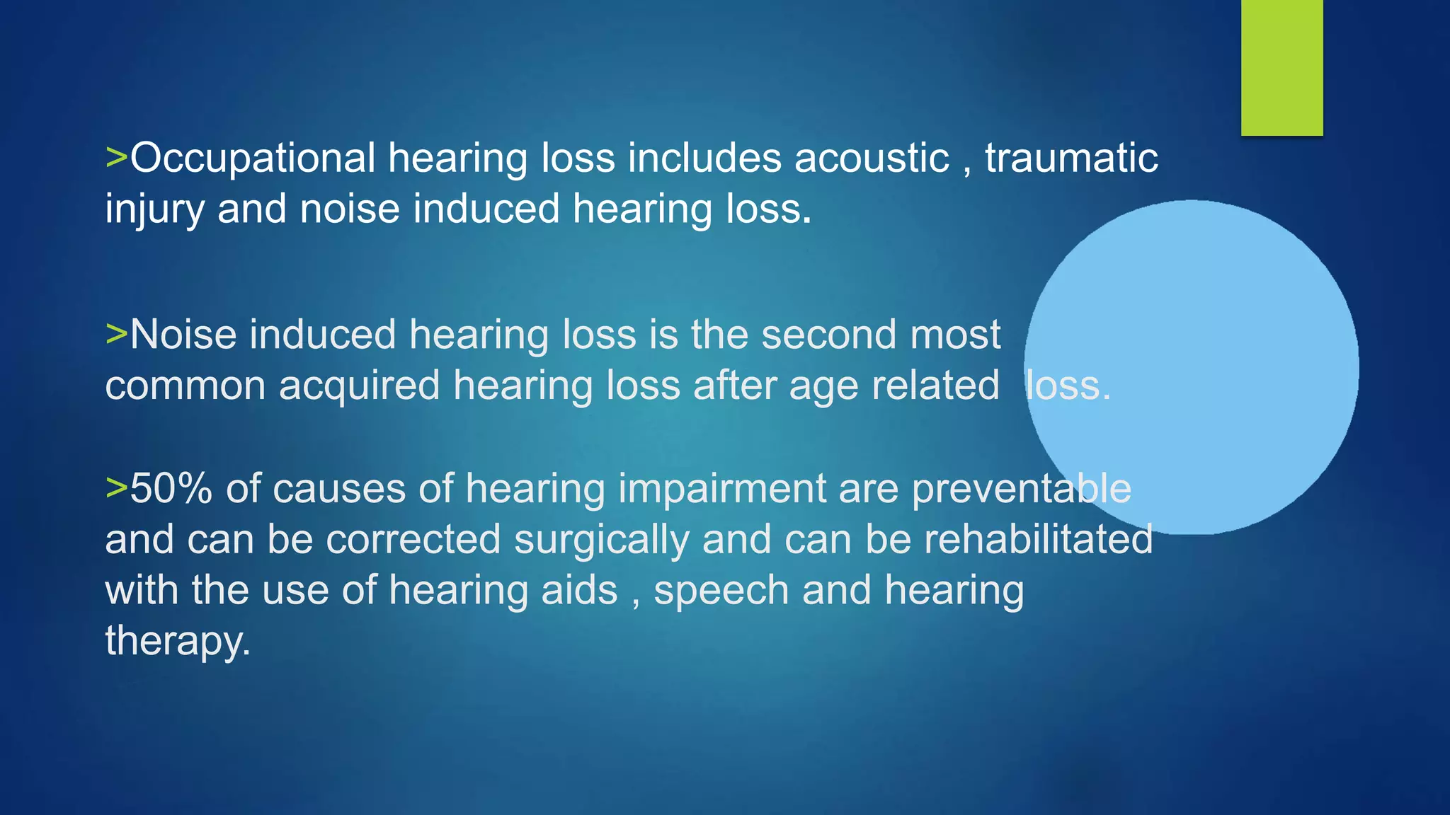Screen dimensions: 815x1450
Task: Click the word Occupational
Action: click(252, 158)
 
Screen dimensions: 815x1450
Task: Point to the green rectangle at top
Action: click(1281, 67)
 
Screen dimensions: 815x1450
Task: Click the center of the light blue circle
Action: click(1192, 367)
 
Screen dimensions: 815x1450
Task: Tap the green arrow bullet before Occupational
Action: click(116, 157)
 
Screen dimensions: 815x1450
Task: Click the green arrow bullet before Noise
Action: click(116, 333)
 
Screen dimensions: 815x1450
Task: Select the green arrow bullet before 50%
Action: click(116, 487)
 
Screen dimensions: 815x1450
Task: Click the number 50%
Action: click(171, 488)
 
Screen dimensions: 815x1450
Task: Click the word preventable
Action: click(1021, 488)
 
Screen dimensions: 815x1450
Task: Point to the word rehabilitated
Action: click(1038, 539)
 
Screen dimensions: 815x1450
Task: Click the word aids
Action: click(579, 590)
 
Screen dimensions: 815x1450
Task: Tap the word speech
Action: click(721, 591)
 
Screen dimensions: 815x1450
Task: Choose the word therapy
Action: click(177, 642)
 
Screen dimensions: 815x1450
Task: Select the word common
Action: click(185, 386)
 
